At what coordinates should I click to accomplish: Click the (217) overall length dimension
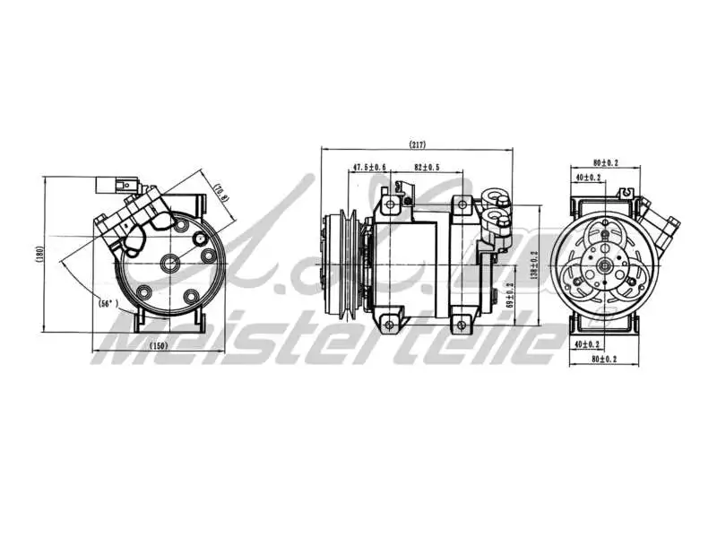(417, 144)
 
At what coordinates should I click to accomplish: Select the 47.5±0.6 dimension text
(368, 168)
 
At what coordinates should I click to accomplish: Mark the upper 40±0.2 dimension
(590, 178)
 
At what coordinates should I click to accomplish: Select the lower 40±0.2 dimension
(590, 344)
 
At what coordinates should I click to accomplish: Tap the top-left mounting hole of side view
(391, 204)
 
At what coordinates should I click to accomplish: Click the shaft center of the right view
(607, 264)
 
